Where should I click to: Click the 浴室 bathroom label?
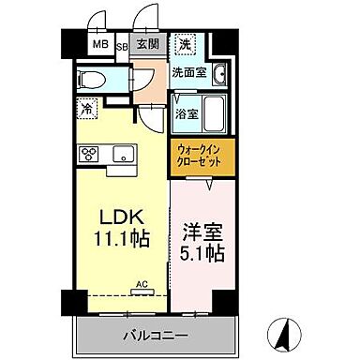tap(186, 114)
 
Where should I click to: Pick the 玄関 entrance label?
tap(146, 45)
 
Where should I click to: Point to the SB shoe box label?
tap(122, 44)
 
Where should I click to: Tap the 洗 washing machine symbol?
tap(187, 44)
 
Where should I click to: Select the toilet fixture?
tap(92, 79)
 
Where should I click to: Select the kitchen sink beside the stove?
tap(122, 155)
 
